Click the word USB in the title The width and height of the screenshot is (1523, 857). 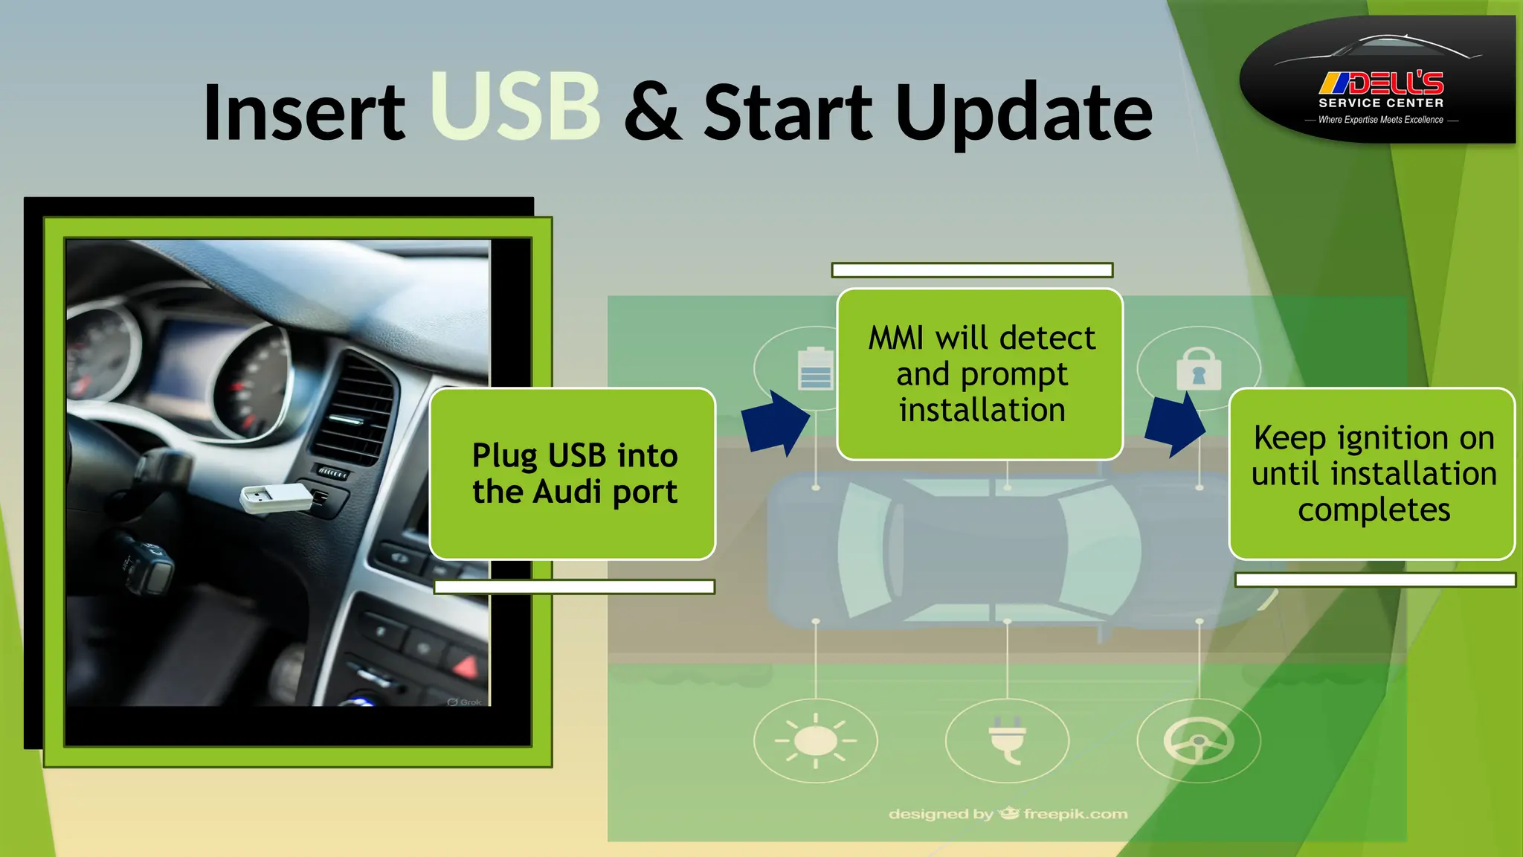(x=515, y=106)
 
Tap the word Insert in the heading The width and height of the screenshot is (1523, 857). (x=303, y=113)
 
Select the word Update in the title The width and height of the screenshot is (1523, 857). (x=1024, y=113)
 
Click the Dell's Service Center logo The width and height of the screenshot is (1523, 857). (x=1379, y=80)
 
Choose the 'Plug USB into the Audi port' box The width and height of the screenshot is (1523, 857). (x=573, y=473)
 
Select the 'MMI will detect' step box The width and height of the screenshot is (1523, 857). (x=979, y=374)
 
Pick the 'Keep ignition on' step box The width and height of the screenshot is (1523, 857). (x=1372, y=473)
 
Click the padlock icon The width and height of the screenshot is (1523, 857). (x=1198, y=369)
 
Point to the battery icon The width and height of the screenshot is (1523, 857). (x=815, y=369)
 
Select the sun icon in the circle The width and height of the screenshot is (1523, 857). (x=816, y=741)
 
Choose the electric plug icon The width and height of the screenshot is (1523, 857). (x=1007, y=741)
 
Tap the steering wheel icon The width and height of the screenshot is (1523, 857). (x=1198, y=741)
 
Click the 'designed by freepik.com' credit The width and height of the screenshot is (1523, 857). (x=1008, y=814)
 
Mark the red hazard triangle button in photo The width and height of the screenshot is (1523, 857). (x=466, y=665)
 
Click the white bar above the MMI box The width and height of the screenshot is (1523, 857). (x=972, y=270)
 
